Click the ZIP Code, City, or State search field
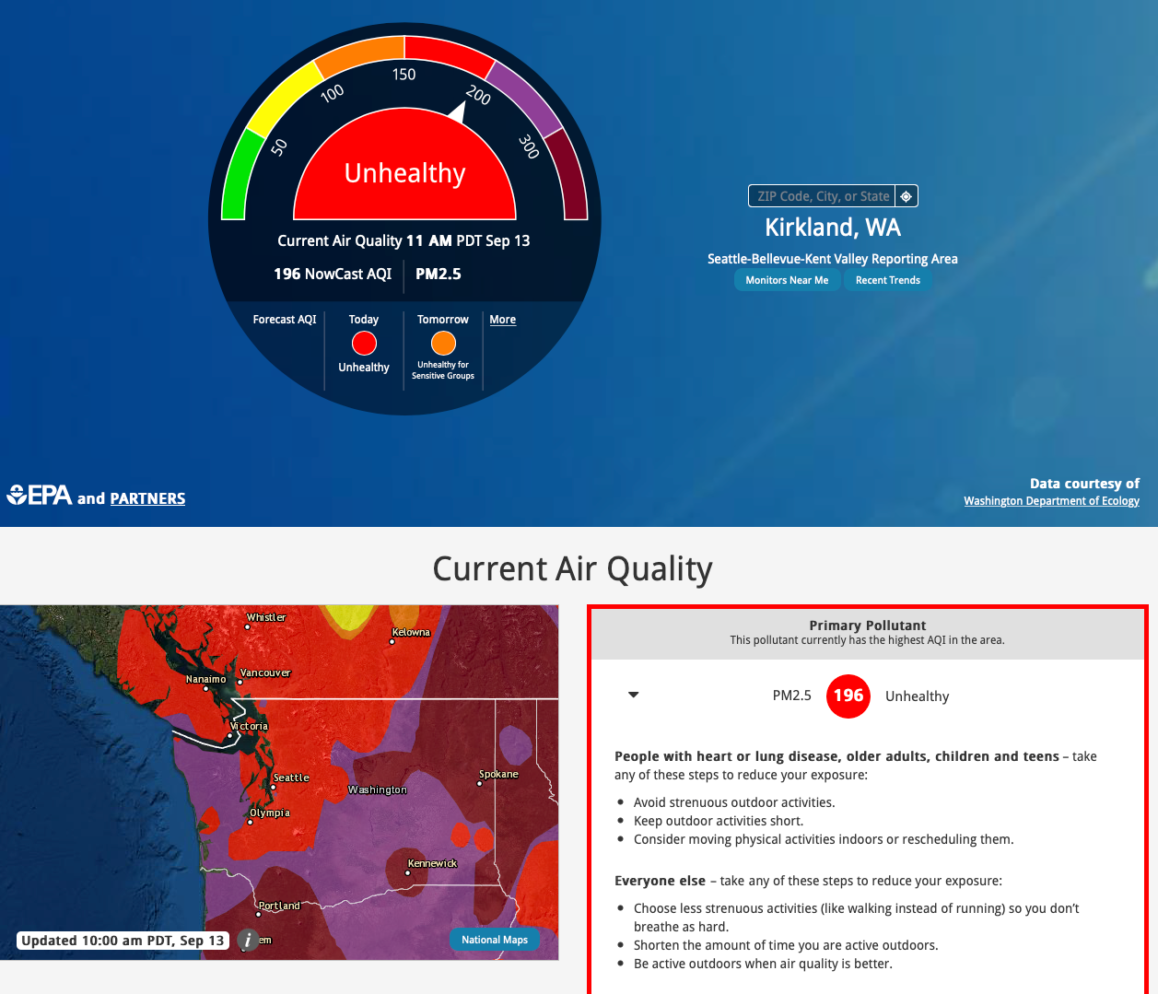coord(822,196)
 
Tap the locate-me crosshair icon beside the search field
coord(907,196)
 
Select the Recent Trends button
coord(887,280)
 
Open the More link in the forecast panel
coord(502,320)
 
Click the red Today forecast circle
coord(364,344)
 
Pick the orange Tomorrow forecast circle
coord(443,344)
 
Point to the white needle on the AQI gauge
coord(458,112)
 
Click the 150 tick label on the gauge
coord(404,75)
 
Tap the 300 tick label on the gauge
coord(528,146)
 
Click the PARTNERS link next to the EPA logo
coord(147,498)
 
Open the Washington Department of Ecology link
coord(1051,501)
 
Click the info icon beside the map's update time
coord(248,940)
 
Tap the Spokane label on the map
coord(498,774)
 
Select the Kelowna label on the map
coord(411,632)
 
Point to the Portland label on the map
coord(279,906)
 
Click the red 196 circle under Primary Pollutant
coord(848,696)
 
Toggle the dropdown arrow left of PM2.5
coord(634,695)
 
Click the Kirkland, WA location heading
coord(833,228)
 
